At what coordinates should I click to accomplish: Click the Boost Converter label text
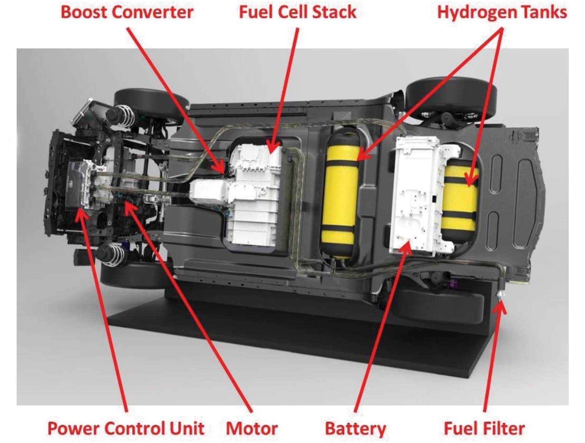pyautogui.click(x=127, y=12)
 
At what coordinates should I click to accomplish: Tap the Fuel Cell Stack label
pyautogui.click(x=297, y=12)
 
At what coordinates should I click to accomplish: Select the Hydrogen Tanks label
pyautogui.click(x=502, y=12)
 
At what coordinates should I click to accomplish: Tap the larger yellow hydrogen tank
pyautogui.click(x=340, y=193)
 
